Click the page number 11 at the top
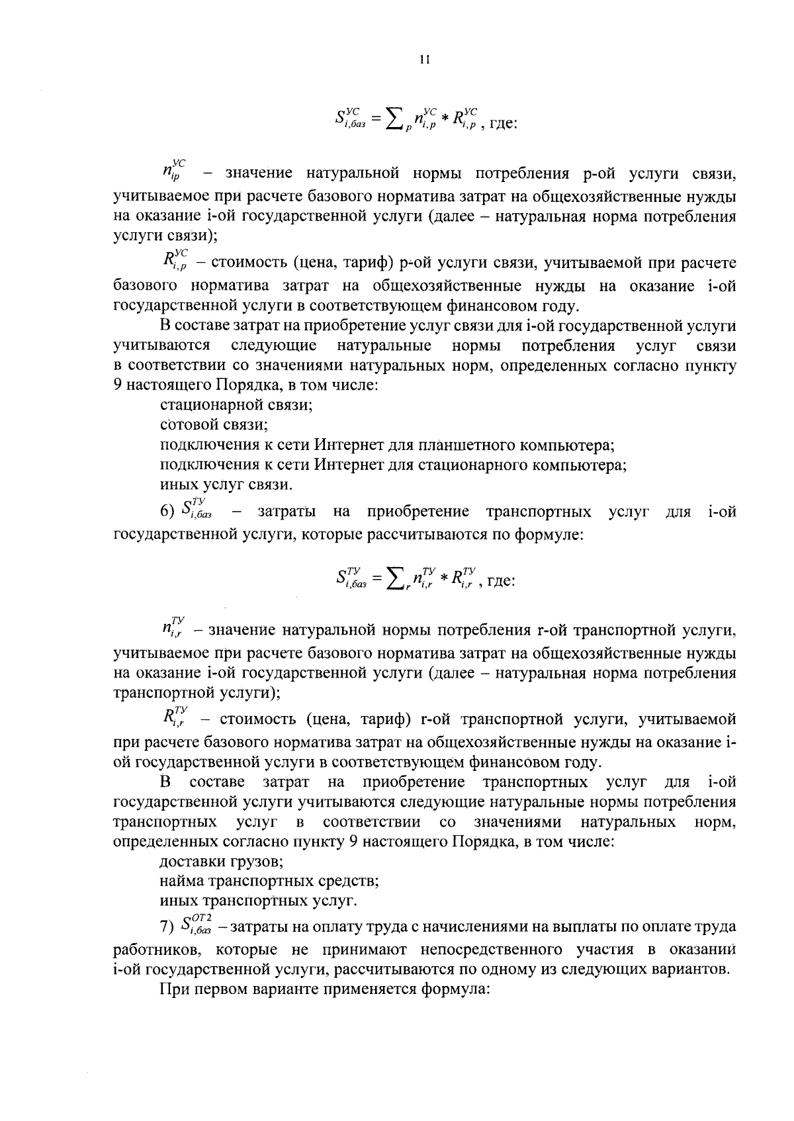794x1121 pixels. [425, 60]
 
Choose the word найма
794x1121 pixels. [182, 881]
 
